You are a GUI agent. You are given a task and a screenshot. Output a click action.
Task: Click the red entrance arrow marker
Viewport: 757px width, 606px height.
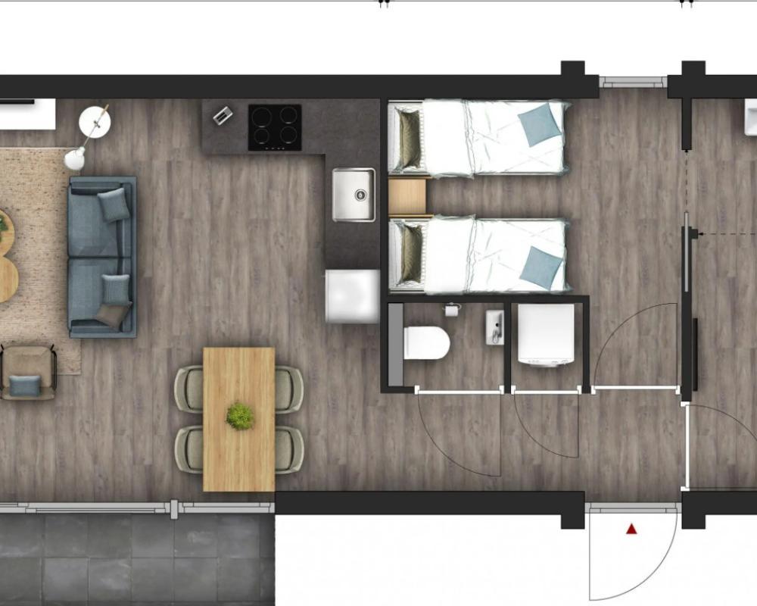[x=631, y=529]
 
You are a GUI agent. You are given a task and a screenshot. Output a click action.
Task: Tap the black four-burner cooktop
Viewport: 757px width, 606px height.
[x=275, y=127]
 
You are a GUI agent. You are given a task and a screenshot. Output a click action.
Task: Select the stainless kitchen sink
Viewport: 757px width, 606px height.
[x=354, y=195]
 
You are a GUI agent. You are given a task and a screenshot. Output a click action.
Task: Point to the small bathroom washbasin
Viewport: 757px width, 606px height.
[x=494, y=326]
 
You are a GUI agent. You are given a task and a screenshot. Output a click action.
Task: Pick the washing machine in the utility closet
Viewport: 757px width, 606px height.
[x=545, y=336]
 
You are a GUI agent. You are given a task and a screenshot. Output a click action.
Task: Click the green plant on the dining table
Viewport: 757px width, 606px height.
[x=240, y=416]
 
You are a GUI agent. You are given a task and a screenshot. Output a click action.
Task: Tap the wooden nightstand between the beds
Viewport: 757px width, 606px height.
[x=407, y=197]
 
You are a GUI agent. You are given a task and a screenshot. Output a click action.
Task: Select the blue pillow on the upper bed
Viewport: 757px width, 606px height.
[x=540, y=123]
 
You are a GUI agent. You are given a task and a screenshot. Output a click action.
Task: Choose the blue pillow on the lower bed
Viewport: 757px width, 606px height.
[x=541, y=267]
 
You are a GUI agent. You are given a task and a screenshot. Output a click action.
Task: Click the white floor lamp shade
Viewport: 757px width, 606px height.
[x=74, y=158]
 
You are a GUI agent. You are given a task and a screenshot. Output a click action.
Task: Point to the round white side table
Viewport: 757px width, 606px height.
[x=95, y=120]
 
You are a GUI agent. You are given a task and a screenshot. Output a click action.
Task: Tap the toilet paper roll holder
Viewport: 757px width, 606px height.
[x=453, y=309]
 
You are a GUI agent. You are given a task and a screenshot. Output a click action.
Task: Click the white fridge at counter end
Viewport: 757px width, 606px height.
[x=352, y=296]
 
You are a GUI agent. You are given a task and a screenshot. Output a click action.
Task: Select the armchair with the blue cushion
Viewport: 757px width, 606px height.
[x=28, y=372]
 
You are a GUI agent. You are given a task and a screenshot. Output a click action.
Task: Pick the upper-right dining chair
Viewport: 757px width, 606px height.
[x=288, y=389]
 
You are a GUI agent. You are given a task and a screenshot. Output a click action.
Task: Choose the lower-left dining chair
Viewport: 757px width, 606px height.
[x=188, y=449]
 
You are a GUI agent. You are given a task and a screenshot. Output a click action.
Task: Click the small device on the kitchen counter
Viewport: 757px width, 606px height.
[x=223, y=116]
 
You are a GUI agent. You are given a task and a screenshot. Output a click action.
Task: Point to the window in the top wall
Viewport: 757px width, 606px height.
[x=633, y=82]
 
